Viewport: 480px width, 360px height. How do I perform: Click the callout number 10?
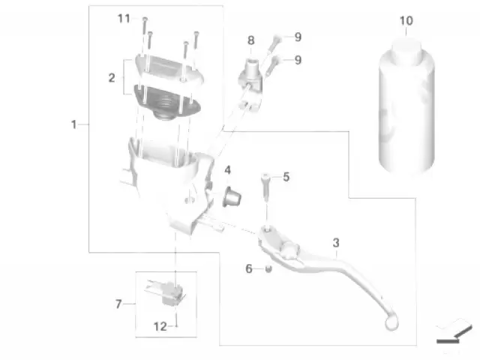pyautogui.click(x=406, y=21)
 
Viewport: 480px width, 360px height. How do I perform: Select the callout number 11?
pyautogui.click(x=124, y=19)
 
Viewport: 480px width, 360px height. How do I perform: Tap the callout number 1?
pyautogui.click(x=73, y=124)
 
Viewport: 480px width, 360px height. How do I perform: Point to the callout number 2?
pyautogui.click(x=112, y=78)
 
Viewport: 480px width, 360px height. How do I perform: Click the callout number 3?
pyautogui.click(x=336, y=243)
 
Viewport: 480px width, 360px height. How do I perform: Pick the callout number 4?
pyautogui.click(x=227, y=170)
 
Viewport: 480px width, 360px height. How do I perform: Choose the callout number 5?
pyautogui.click(x=286, y=177)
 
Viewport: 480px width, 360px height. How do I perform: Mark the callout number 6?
pyautogui.click(x=249, y=268)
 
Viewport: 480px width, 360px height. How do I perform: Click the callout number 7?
pyautogui.click(x=118, y=304)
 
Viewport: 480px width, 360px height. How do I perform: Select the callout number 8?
pyautogui.click(x=250, y=40)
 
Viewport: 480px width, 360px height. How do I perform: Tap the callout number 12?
pyautogui.click(x=160, y=327)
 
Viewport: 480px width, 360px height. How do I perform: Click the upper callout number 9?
pyautogui.click(x=298, y=37)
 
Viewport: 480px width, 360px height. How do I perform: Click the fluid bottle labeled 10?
pyautogui.click(x=406, y=106)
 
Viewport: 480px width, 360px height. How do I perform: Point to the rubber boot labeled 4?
pyautogui.click(x=232, y=196)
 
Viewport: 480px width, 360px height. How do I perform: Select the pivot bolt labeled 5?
pyautogui.click(x=265, y=187)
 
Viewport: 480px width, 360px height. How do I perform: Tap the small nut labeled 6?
pyautogui.click(x=268, y=269)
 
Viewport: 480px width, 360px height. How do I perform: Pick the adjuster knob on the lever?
pyautogui.click(x=289, y=250)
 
